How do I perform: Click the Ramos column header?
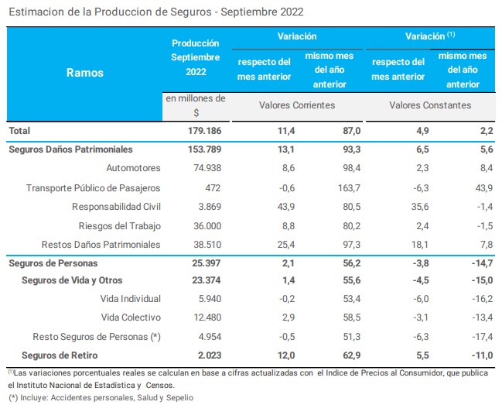pos(84,73)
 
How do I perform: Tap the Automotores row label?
pos(132,167)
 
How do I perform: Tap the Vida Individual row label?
pos(131,299)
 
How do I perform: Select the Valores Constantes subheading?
pos(429,105)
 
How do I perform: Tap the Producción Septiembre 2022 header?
pos(196,57)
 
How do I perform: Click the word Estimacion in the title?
pos(35,12)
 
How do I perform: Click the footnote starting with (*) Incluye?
pos(101,397)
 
